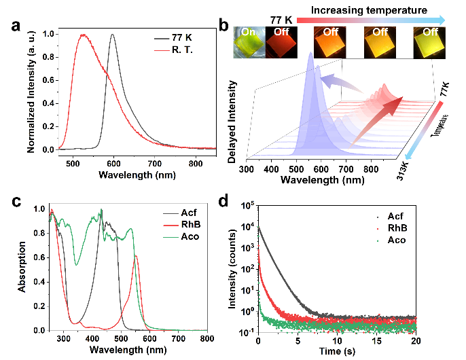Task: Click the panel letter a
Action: (x=16, y=28)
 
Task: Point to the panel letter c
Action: (x=16, y=202)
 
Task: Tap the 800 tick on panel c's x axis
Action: (x=207, y=338)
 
